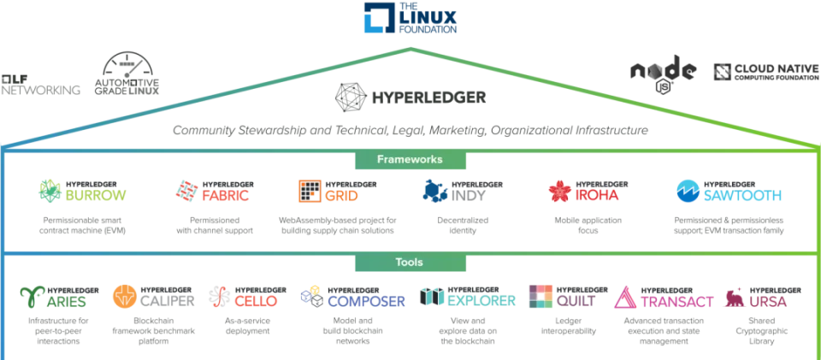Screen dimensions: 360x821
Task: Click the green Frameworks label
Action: [409, 159]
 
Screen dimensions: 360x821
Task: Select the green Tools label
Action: [409, 262]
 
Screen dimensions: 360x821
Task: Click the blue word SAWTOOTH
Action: [742, 197]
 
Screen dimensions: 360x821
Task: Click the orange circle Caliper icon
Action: [124, 297]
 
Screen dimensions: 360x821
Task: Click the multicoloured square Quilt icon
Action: [540, 296]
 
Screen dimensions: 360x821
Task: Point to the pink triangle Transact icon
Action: [625, 297]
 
